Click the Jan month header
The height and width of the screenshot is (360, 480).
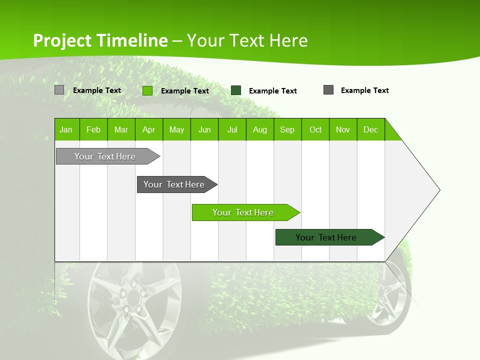pos(66,129)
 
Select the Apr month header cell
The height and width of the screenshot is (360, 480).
pos(149,129)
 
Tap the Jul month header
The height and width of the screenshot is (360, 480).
pos(232,129)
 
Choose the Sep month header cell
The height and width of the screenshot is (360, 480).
pos(287,129)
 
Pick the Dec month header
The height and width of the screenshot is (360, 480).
pos(370,129)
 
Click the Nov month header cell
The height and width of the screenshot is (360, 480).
pos(343,129)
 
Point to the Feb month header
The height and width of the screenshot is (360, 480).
pos(93,129)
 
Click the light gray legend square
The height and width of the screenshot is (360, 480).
pos(59,90)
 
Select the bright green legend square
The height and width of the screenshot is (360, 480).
pos(147,90)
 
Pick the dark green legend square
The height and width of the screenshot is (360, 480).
pos(236,90)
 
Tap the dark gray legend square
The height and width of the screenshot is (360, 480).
pos(328,90)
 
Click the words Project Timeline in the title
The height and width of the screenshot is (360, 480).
pos(100,40)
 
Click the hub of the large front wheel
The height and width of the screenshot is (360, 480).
pos(134,298)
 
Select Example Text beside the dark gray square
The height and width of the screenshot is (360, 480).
pos(364,90)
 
